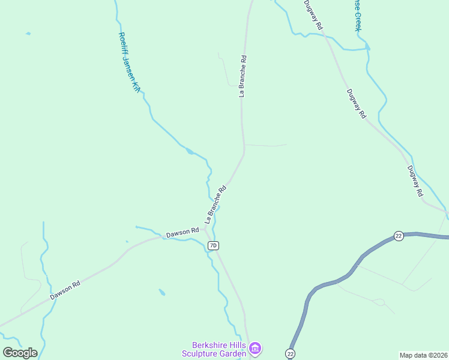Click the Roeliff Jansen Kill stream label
point(128,62)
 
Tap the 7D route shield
point(213,245)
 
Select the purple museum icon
point(255,348)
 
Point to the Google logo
point(20,353)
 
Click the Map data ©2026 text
point(424,355)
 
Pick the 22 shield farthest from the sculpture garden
point(398,235)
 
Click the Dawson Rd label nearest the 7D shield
point(182,232)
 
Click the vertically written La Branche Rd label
point(243,76)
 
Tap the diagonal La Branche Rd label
point(215,200)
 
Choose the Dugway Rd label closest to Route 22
point(415,181)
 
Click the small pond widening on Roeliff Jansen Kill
point(190,151)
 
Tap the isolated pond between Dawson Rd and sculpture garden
point(162,293)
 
